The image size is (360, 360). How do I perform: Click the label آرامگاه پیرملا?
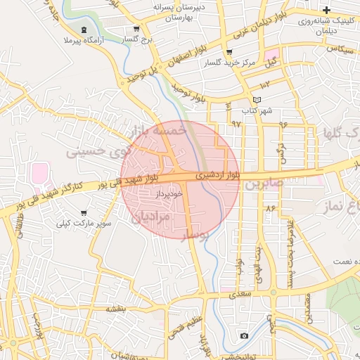83,41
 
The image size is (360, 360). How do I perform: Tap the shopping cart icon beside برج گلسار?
136,30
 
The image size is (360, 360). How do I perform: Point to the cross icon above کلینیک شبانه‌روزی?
326,10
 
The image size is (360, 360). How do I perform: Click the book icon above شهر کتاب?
257,101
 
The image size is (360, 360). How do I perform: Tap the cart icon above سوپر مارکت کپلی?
84,212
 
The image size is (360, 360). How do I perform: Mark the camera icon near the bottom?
243,335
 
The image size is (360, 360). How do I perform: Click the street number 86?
270,209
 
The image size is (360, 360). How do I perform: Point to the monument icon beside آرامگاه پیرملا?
84,30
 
